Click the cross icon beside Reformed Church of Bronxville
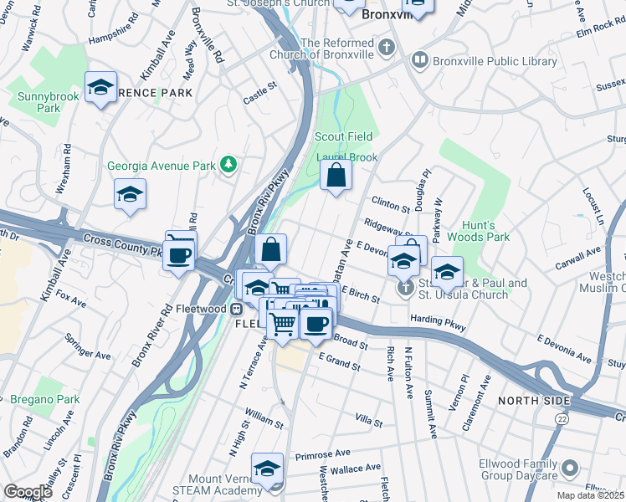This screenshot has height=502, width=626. coord(386,46)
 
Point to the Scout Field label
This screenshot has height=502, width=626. coord(343,136)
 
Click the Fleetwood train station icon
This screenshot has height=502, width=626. coord(238,309)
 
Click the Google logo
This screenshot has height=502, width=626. coord(28,492)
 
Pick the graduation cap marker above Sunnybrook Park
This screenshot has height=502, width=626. coord(100,87)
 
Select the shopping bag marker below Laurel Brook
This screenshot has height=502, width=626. coord(336,176)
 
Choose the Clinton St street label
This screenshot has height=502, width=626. coord(390,205)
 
